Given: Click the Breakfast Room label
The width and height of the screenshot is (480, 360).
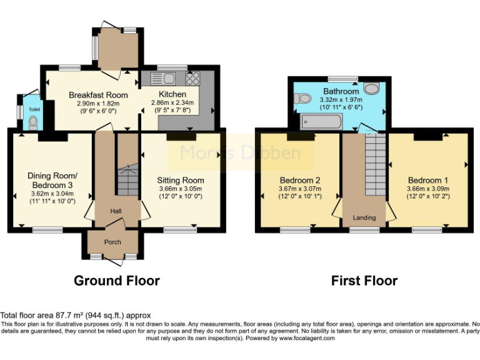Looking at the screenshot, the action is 98,95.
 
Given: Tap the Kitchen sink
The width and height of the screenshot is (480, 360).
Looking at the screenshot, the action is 163,78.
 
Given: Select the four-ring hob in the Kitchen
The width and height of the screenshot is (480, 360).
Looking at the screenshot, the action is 193,78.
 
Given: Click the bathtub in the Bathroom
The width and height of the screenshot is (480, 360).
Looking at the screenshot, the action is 321,121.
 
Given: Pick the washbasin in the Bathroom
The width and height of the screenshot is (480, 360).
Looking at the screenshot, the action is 372,88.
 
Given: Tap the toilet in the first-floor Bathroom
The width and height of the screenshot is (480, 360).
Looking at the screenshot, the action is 302,99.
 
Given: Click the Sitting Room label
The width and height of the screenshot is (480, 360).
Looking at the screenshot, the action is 181,180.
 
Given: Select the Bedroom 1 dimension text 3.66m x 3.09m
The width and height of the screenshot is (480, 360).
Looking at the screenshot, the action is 428,189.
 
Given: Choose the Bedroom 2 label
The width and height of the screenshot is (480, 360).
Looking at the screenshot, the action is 300,180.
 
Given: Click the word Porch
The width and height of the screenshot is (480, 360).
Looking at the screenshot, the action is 112,242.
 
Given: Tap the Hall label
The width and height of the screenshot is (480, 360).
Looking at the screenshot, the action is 116,211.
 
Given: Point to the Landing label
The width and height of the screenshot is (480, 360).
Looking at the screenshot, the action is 364,217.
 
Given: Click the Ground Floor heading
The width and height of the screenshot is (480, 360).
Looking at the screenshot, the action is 117,281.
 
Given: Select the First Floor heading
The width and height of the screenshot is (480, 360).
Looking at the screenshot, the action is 364,281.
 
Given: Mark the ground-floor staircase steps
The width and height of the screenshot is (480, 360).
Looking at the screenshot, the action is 127,180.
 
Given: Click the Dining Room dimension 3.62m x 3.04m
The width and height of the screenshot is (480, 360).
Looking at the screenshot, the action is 52,194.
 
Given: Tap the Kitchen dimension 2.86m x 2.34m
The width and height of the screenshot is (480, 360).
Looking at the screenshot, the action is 172,103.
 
